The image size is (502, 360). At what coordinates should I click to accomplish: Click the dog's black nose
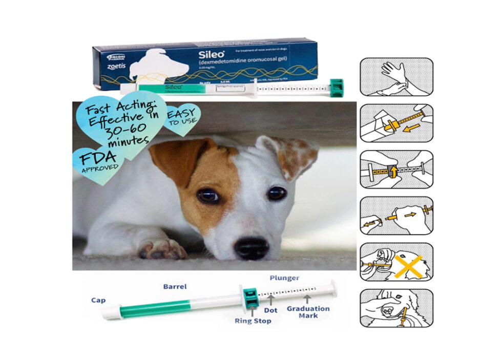tap(252, 248)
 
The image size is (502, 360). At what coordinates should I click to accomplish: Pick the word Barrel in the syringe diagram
tap(176, 286)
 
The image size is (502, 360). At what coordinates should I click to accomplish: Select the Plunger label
tap(284, 278)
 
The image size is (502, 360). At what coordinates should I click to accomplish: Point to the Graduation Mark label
tap(308, 312)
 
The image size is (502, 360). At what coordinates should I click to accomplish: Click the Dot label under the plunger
tap(271, 310)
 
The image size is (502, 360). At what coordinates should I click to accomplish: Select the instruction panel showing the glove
tap(396, 77)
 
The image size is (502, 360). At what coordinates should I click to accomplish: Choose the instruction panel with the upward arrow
tap(396, 169)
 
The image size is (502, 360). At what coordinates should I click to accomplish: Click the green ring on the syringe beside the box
tap(337, 87)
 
